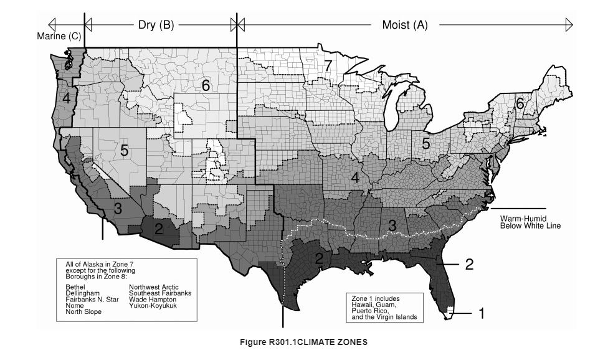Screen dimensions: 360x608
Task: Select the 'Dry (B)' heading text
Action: coord(156,25)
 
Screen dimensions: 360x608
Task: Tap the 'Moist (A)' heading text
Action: coord(404,25)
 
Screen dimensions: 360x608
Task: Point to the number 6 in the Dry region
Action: coord(206,86)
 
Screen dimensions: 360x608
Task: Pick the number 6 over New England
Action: coord(519,105)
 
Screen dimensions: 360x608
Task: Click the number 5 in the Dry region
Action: coord(124,151)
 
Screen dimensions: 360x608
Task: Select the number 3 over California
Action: coord(117,209)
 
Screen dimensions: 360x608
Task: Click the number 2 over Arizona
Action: coord(159,229)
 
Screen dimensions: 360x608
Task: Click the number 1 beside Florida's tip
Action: coord(481,313)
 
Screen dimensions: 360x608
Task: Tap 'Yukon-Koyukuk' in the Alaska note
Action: coord(153,305)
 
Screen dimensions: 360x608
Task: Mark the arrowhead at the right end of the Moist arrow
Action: coord(569,24)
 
